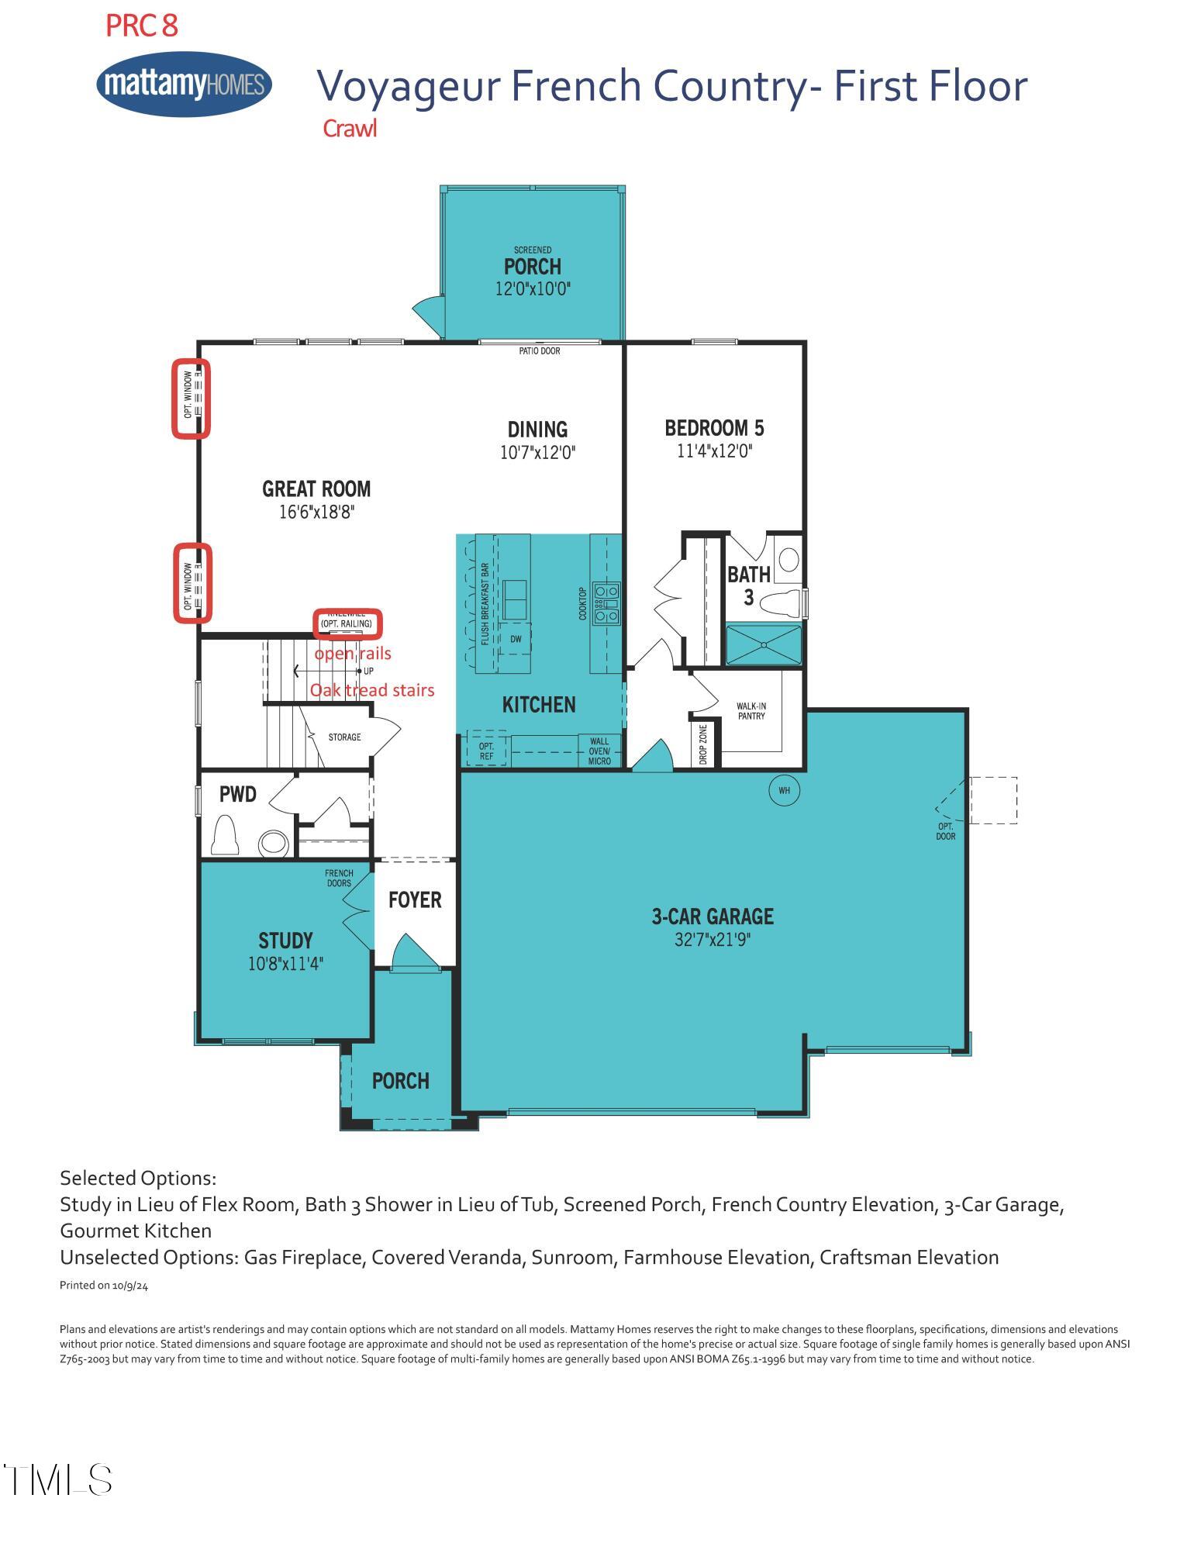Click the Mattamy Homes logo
point(184,84)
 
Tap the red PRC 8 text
point(142,26)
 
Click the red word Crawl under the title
point(350,129)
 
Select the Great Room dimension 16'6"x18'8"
point(316,513)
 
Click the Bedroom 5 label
point(714,428)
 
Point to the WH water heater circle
point(784,791)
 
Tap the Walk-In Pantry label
point(751,711)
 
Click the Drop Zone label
point(703,744)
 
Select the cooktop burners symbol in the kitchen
point(606,603)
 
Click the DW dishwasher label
point(516,640)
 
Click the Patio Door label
point(539,351)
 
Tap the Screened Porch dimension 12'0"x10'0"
point(533,289)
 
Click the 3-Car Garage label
point(713,917)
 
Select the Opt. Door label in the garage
point(945,832)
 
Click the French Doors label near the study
point(339,879)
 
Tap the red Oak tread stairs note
point(372,690)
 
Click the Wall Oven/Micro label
point(599,751)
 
